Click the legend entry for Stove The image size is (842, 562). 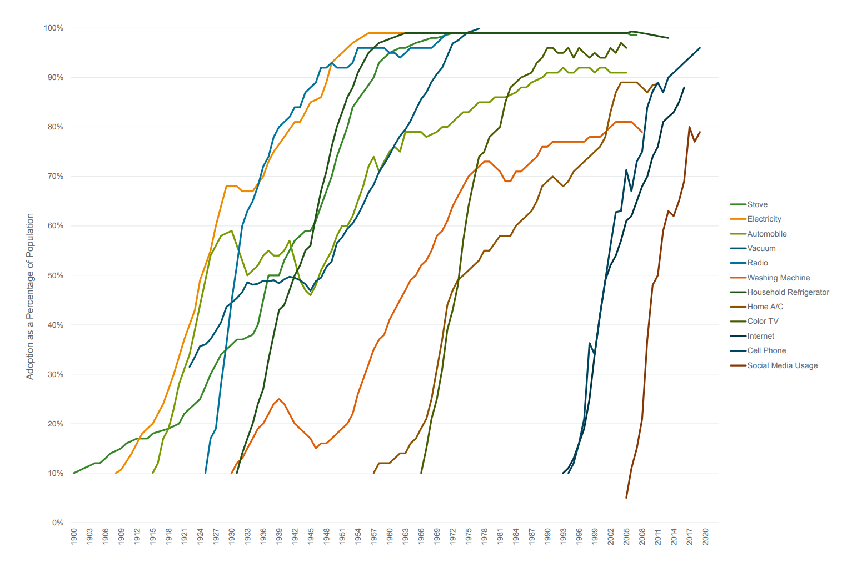point(757,204)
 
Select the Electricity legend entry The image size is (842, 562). point(764,219)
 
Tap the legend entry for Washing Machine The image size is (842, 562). point(778,278)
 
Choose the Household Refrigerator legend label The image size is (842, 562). point(788,292)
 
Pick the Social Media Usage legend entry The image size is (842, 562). point(782,365)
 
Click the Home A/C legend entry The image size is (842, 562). point(765,307)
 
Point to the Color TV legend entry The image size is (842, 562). point(763,321)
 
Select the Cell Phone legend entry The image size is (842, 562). point(766,350)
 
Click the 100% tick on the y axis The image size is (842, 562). point(53,28)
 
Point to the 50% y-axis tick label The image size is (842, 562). point(55,275)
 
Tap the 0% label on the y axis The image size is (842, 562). point(57,523)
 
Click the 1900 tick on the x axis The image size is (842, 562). point(74,536)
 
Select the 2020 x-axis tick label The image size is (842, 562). point(706,536)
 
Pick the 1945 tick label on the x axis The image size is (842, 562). point(311,536)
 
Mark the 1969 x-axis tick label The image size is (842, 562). point(437,536)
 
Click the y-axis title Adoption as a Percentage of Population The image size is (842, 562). point(30,296)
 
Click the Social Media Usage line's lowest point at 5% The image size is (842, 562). point(626,498)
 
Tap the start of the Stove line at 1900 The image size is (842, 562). point(74,473)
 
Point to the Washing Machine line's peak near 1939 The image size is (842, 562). point(279,399)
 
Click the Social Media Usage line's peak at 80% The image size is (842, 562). point(689,127)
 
